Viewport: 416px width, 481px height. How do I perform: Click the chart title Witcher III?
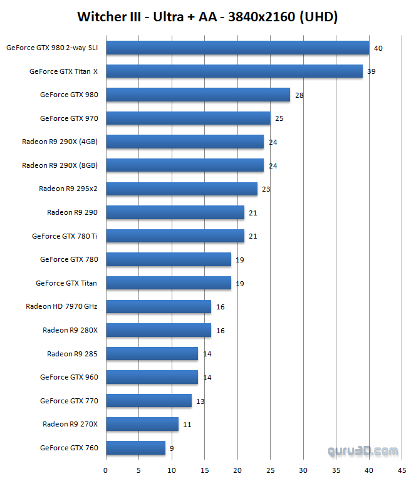click(x=207, y=17)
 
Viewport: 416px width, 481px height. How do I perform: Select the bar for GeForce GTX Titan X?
click(x=234, y=71)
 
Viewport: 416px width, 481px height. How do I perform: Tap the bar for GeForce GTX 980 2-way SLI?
click(x=237, y=48)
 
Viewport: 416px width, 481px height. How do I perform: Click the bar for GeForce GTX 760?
click(x=135, y=448)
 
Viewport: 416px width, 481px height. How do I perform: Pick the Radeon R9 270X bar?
click(x=142, y=424)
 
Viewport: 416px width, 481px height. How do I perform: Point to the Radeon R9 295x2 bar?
click(x=182, y=189)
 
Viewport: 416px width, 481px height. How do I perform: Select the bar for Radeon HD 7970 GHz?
click(x=159, y=306)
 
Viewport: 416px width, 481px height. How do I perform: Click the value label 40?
click(x=378, y=48)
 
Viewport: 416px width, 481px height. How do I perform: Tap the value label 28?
click(x=299, y=95)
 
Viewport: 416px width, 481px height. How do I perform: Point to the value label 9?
click(x=172, y=448)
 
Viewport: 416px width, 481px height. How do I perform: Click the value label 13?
click(x=200, y=401)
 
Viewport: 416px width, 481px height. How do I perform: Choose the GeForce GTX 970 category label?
click(x=69, y=118)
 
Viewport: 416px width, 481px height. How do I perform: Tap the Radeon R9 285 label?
click(x=73, y=354)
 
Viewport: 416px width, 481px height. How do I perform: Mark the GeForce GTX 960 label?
click(x=69, y=377)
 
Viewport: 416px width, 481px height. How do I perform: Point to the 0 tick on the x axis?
click(x=105, y=469)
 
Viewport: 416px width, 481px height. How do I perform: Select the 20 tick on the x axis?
click(x=237, y=469)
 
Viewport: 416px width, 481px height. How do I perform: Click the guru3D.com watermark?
click(x=363, y=451)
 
